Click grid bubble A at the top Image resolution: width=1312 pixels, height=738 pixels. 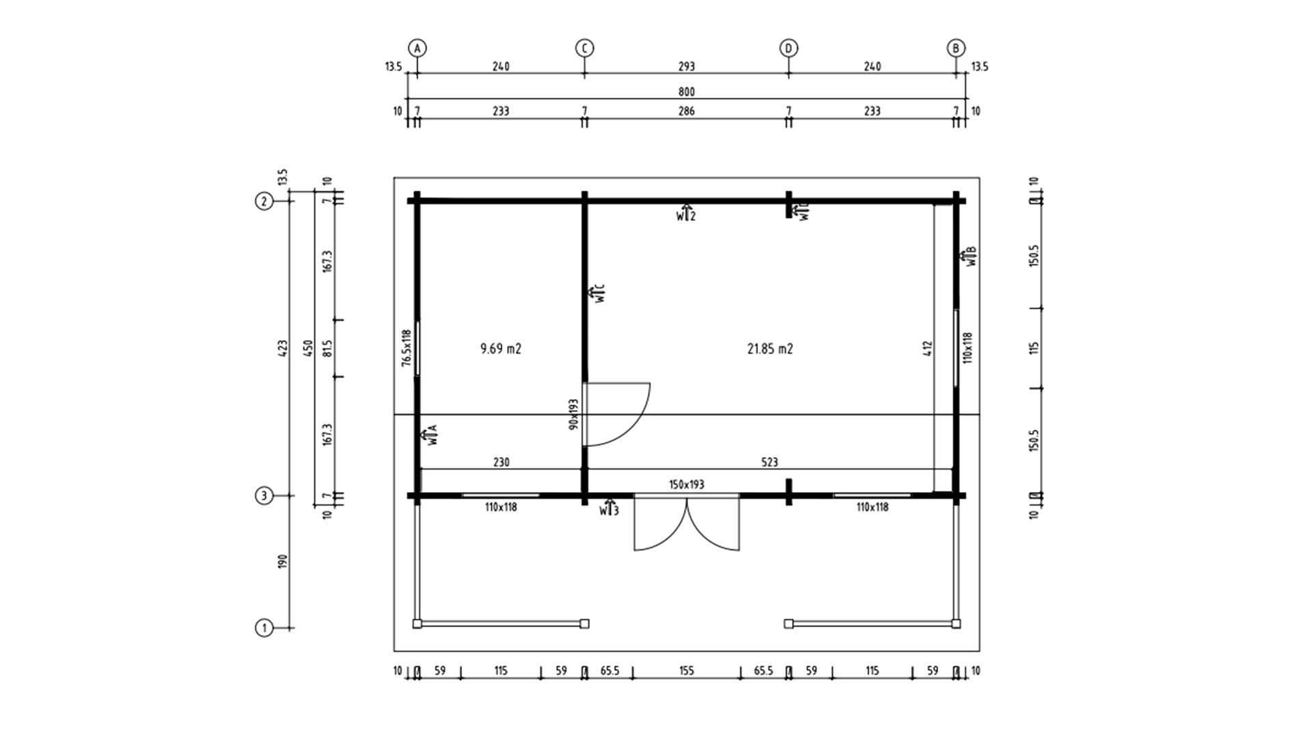tap(418, 49)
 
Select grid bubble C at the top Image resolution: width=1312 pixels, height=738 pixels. tap(584, 49)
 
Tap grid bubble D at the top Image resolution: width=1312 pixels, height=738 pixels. tap(789, 49)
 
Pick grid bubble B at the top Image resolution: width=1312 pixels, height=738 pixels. tap(956, 49)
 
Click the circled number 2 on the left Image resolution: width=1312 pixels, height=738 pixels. tap(264, 201)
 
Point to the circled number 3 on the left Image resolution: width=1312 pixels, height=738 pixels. tap(264, 495)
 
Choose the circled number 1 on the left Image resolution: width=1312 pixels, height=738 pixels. tap(264, 627)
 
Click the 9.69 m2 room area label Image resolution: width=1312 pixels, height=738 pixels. tap(501, 348)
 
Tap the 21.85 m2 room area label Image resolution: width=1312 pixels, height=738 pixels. tap(770, 348)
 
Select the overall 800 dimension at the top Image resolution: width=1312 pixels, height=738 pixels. tap(687, 92)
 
